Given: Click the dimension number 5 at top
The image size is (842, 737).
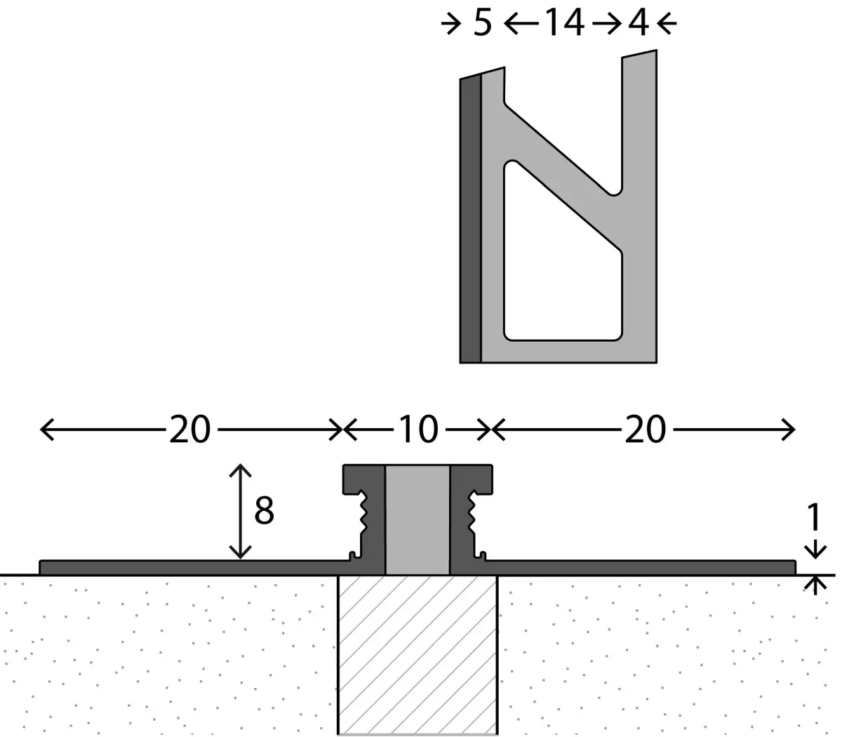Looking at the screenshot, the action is point(482,23).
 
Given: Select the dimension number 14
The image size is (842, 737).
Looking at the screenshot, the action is point(565,23).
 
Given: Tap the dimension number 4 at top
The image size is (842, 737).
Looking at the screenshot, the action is point(639,23).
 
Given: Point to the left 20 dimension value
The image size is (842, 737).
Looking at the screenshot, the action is point(189,430).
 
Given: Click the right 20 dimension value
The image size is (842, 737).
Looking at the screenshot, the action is point(646,430).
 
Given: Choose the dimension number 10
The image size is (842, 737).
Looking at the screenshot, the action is point(418,430).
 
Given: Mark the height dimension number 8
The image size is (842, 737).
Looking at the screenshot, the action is point(264,510).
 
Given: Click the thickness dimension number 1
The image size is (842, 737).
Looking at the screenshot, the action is point(814,517).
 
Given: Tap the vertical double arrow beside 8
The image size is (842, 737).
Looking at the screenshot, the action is point(240,512).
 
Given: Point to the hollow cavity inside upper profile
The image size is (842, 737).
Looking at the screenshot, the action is point(563,267).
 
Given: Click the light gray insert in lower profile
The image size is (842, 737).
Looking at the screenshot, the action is point(417,520).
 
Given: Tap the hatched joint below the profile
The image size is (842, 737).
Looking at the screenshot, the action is point(417,654).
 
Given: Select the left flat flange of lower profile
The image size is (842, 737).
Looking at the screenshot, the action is point(194,567).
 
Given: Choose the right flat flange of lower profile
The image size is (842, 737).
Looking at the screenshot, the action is point(640,567).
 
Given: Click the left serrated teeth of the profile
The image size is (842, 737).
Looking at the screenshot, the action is point(363,513).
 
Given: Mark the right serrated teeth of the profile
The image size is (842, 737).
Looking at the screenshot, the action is point(472,513).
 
